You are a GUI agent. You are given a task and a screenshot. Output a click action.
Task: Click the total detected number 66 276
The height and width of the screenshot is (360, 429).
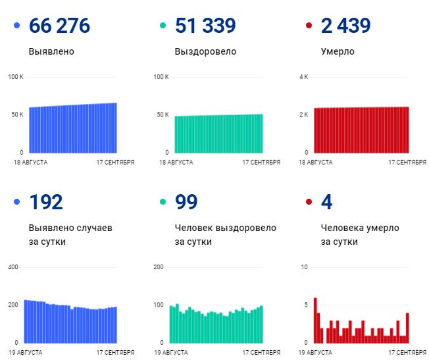(59, 26)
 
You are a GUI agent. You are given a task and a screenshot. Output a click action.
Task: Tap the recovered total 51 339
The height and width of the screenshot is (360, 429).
(205, 26)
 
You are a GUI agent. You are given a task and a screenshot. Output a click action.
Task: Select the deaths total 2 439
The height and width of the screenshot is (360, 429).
(346, 26)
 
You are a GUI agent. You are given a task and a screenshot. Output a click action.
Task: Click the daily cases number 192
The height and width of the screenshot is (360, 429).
(46, 202)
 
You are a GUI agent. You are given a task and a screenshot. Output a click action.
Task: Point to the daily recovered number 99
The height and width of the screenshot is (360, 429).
(186, 202)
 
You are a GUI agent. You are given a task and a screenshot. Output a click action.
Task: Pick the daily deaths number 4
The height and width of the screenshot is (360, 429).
(326, 202)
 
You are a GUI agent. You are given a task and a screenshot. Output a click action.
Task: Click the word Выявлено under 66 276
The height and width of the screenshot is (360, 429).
(51, 51)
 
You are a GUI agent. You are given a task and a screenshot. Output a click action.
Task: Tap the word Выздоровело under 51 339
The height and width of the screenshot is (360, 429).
(205, 51)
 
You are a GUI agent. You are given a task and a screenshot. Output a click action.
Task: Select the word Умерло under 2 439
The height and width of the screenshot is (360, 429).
(338, 51)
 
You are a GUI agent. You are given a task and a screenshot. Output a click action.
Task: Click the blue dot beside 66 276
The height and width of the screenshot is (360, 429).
(16, 26)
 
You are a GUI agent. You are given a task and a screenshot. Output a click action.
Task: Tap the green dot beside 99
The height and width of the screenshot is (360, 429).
(163, 202)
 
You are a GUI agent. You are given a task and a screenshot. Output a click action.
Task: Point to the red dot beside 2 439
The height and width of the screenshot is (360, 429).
(309, 26)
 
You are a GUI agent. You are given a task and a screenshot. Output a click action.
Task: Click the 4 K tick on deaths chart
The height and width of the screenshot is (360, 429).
(304, 76)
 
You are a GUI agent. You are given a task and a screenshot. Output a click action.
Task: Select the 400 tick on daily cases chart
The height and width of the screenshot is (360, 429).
(13, 267)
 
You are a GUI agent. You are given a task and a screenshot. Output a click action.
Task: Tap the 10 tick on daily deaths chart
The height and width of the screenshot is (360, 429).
(304, 267)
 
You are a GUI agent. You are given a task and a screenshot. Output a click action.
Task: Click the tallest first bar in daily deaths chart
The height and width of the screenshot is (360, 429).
(315, 321)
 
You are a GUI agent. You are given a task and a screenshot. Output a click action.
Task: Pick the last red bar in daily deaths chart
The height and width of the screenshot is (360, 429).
(407, 328)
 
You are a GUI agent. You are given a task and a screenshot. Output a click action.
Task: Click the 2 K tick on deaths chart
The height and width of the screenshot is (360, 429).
(304, 115)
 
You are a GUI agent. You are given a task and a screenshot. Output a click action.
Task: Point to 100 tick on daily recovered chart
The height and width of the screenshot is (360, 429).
(159, 305)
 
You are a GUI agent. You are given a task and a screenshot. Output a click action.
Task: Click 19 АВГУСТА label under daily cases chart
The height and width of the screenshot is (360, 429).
(26, 352)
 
